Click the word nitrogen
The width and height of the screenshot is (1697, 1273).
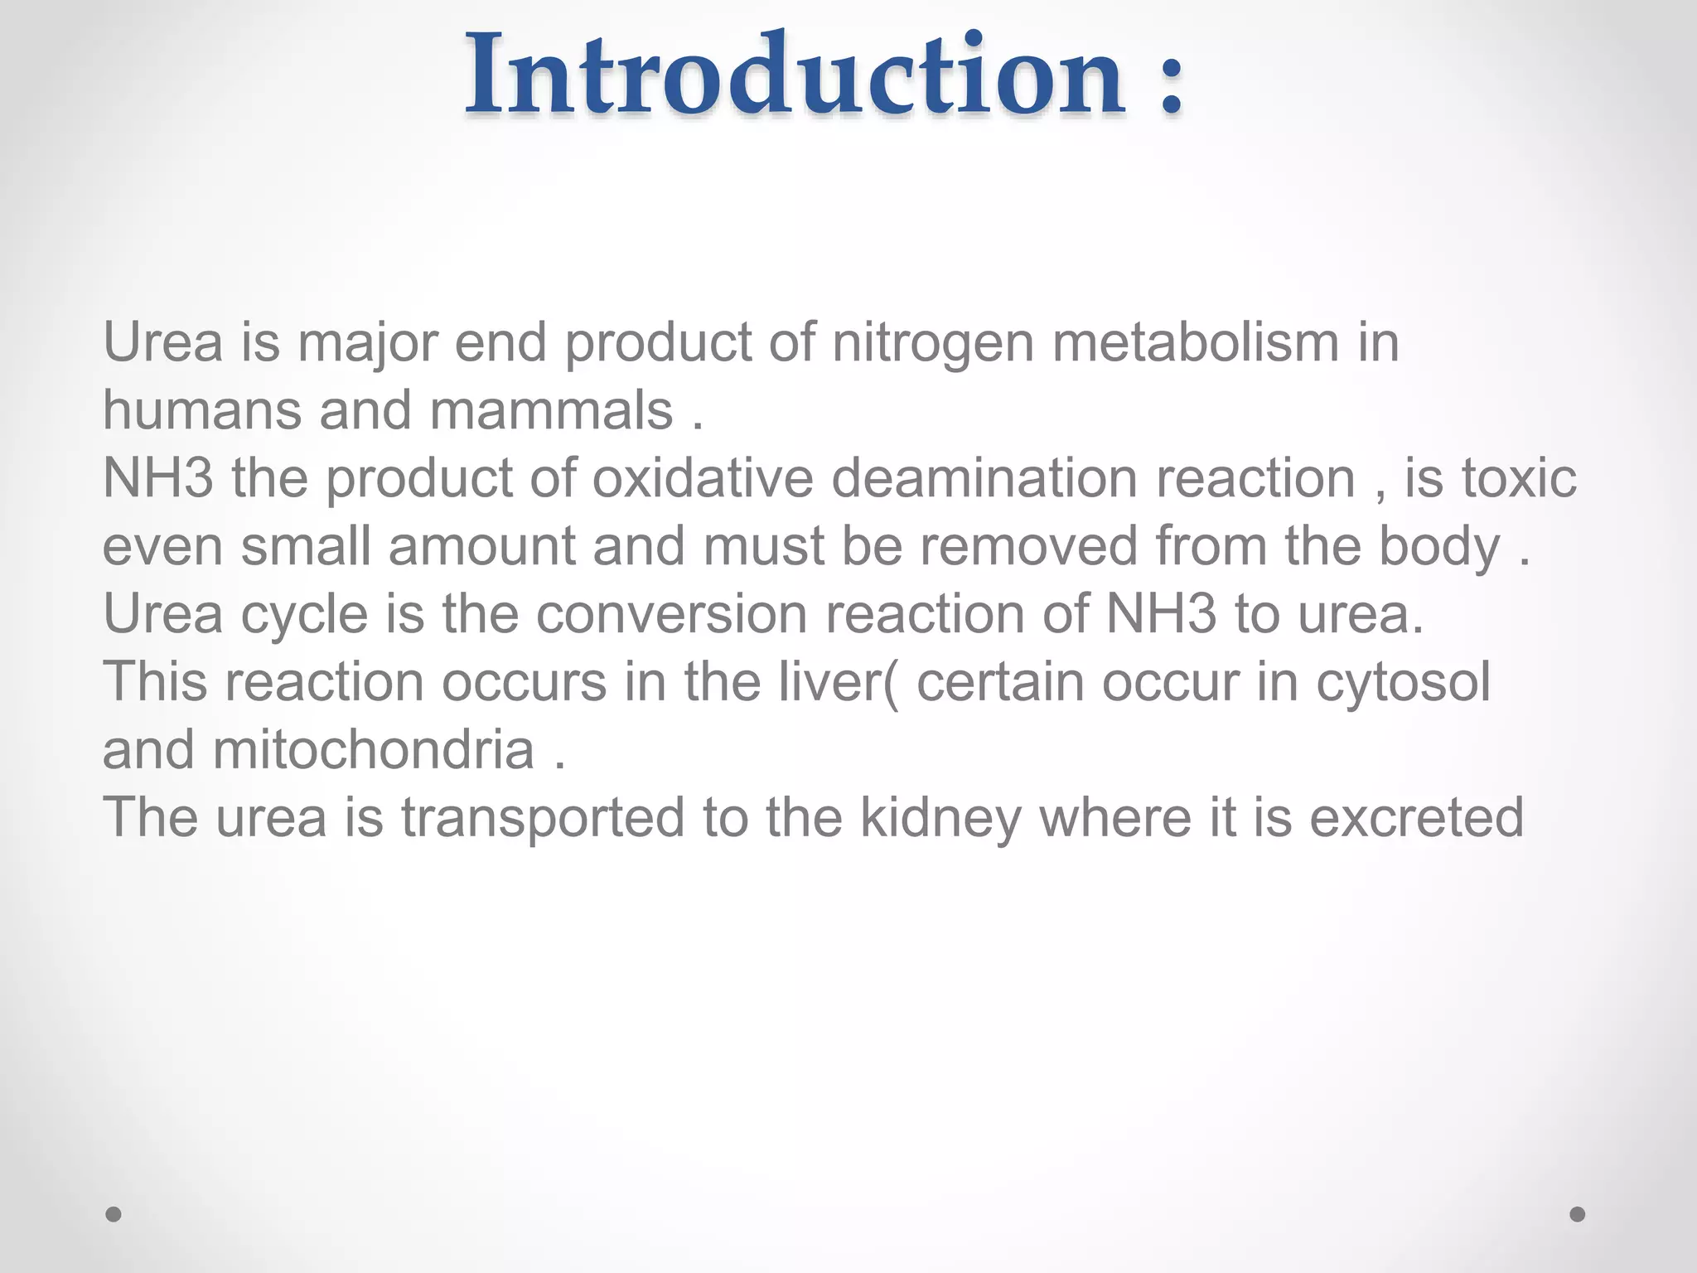(x=933, y=342)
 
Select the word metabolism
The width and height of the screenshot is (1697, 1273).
(x=1196, y=342)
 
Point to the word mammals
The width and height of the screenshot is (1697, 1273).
(x=551, y=410)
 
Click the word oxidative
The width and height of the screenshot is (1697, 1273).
(x=703, y=478)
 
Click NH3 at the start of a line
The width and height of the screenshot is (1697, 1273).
(x=158, y=478)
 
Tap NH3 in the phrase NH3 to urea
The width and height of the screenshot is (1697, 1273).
(x=1162, y=614)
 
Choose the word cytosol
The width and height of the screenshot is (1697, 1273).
(x=1403, y=682)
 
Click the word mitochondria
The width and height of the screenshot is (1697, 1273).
(x=374, y=750)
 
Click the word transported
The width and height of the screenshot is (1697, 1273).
(x=543, y=818)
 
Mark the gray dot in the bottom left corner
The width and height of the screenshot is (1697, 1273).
(x=114, y=1214)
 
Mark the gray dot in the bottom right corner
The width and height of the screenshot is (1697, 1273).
(x=1578, y=1214)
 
